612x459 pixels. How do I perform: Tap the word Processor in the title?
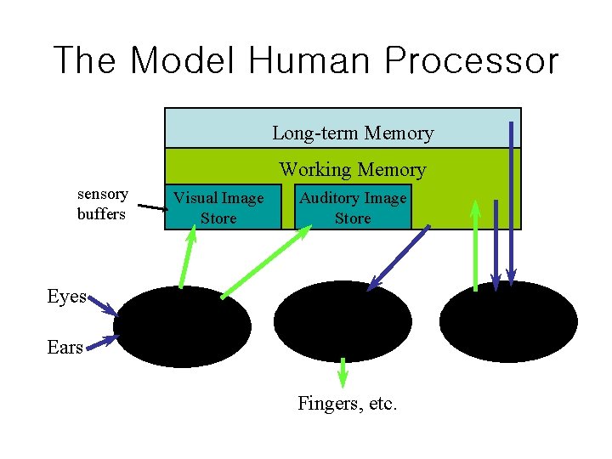[x=472, y=61]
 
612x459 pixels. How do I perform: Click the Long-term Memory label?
[x=352, y=133]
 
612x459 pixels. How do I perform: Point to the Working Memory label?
[x=352, y=170]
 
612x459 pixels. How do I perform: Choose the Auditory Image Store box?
[x=353, y=207]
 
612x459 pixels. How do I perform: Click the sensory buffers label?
[x=102, y=205]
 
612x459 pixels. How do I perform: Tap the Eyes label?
[x=66, y=297]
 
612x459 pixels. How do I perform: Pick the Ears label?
[x=65, y=347]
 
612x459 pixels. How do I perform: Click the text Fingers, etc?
[x=347, y=404]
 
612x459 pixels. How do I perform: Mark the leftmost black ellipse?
[x=182, y=326]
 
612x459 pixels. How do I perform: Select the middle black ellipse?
[x=343, y=321]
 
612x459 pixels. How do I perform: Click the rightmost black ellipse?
[x=508, y=322]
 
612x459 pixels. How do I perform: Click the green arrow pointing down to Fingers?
[x=343, y=372]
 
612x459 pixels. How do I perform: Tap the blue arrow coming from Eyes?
[x=101, y=305]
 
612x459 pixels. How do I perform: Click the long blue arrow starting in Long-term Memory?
[x=511, y=204]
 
